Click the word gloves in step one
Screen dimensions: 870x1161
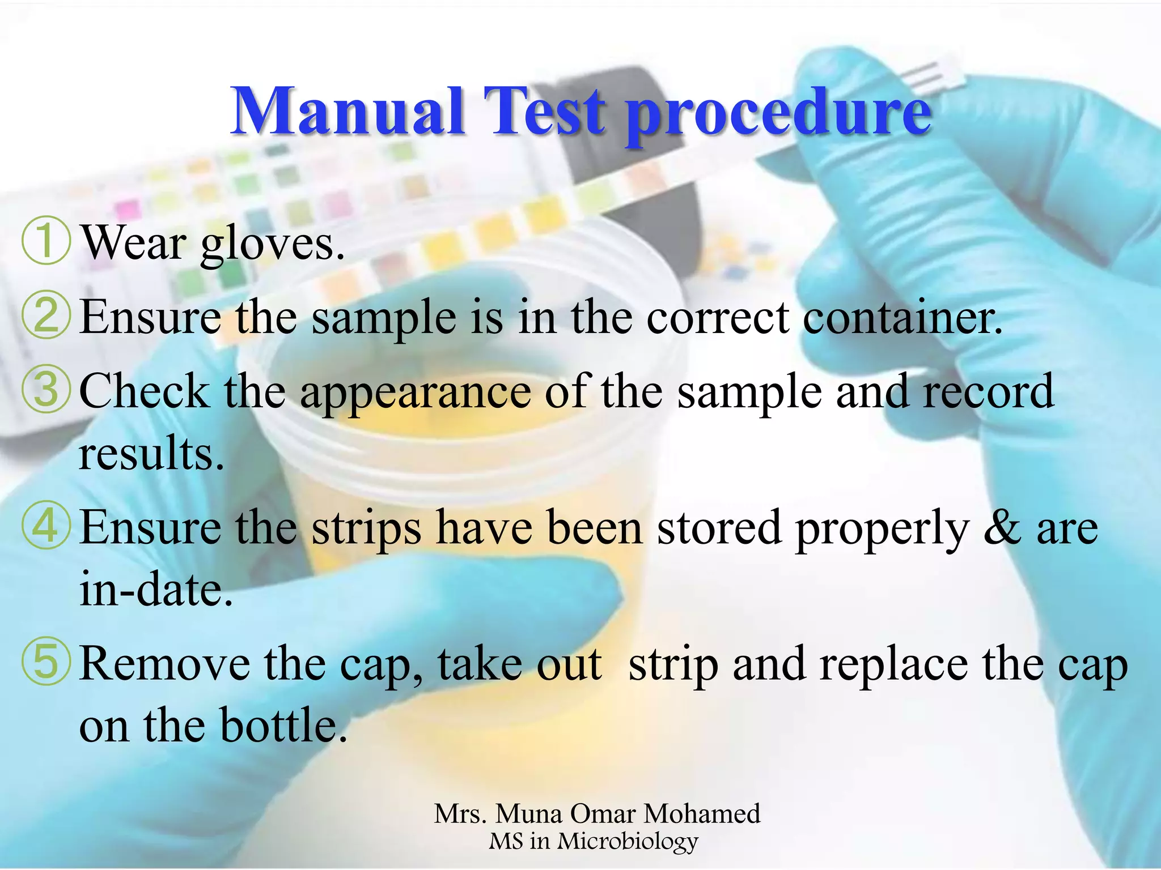[272, 245]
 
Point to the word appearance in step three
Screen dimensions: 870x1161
[415, 392]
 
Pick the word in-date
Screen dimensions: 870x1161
[155, 589]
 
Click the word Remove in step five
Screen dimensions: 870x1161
[164, 664]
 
